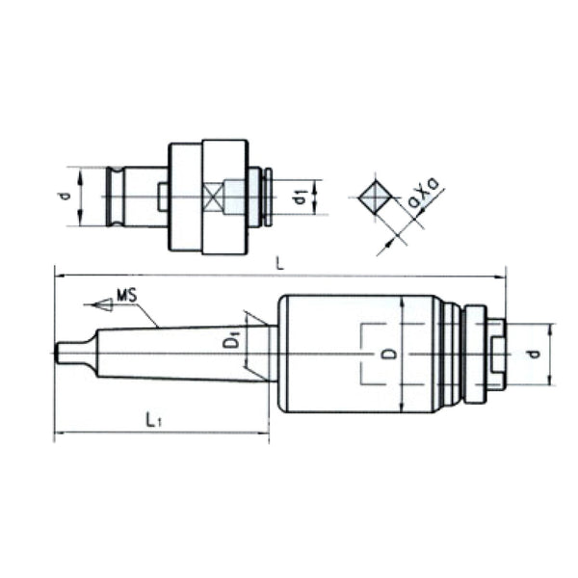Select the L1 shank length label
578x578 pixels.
(x=153, y=419)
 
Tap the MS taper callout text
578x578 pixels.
(x=126, y=293)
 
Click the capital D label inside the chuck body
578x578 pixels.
(x=387, y=354)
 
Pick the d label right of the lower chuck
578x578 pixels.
(x=531, y=354)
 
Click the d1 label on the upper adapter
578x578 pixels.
(x=301, y=198)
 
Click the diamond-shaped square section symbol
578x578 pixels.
(x=372, y=197)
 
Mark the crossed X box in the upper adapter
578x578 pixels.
(x=214, y=198)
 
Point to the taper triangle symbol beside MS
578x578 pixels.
(x=98, y=304)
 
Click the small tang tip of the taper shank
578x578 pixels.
(x=63, y=354)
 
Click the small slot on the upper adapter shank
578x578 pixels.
(x=163, y=197)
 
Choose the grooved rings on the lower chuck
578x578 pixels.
(x=451, y=354)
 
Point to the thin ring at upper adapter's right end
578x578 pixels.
(x=269, y=197)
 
